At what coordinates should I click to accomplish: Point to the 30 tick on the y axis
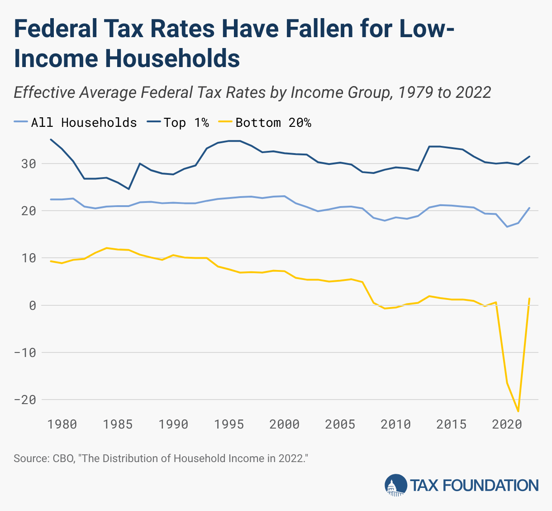(27, 164)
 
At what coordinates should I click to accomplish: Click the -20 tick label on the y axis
(24, 400)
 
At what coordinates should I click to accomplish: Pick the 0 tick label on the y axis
(32, 305)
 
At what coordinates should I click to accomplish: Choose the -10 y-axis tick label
(24, 352)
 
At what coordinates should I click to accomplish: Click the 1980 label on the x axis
(62, 424)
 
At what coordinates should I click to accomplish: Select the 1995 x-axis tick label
(228, 424)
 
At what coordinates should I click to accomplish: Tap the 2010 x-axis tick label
(395, 424)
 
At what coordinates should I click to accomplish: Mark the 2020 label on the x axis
(507, 424)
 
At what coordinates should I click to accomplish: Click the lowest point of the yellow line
(518, 411)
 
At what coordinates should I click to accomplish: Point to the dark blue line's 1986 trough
(128, 189)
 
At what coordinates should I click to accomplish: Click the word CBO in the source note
(63, 458)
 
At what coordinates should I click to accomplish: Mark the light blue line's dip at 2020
(507, 227)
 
